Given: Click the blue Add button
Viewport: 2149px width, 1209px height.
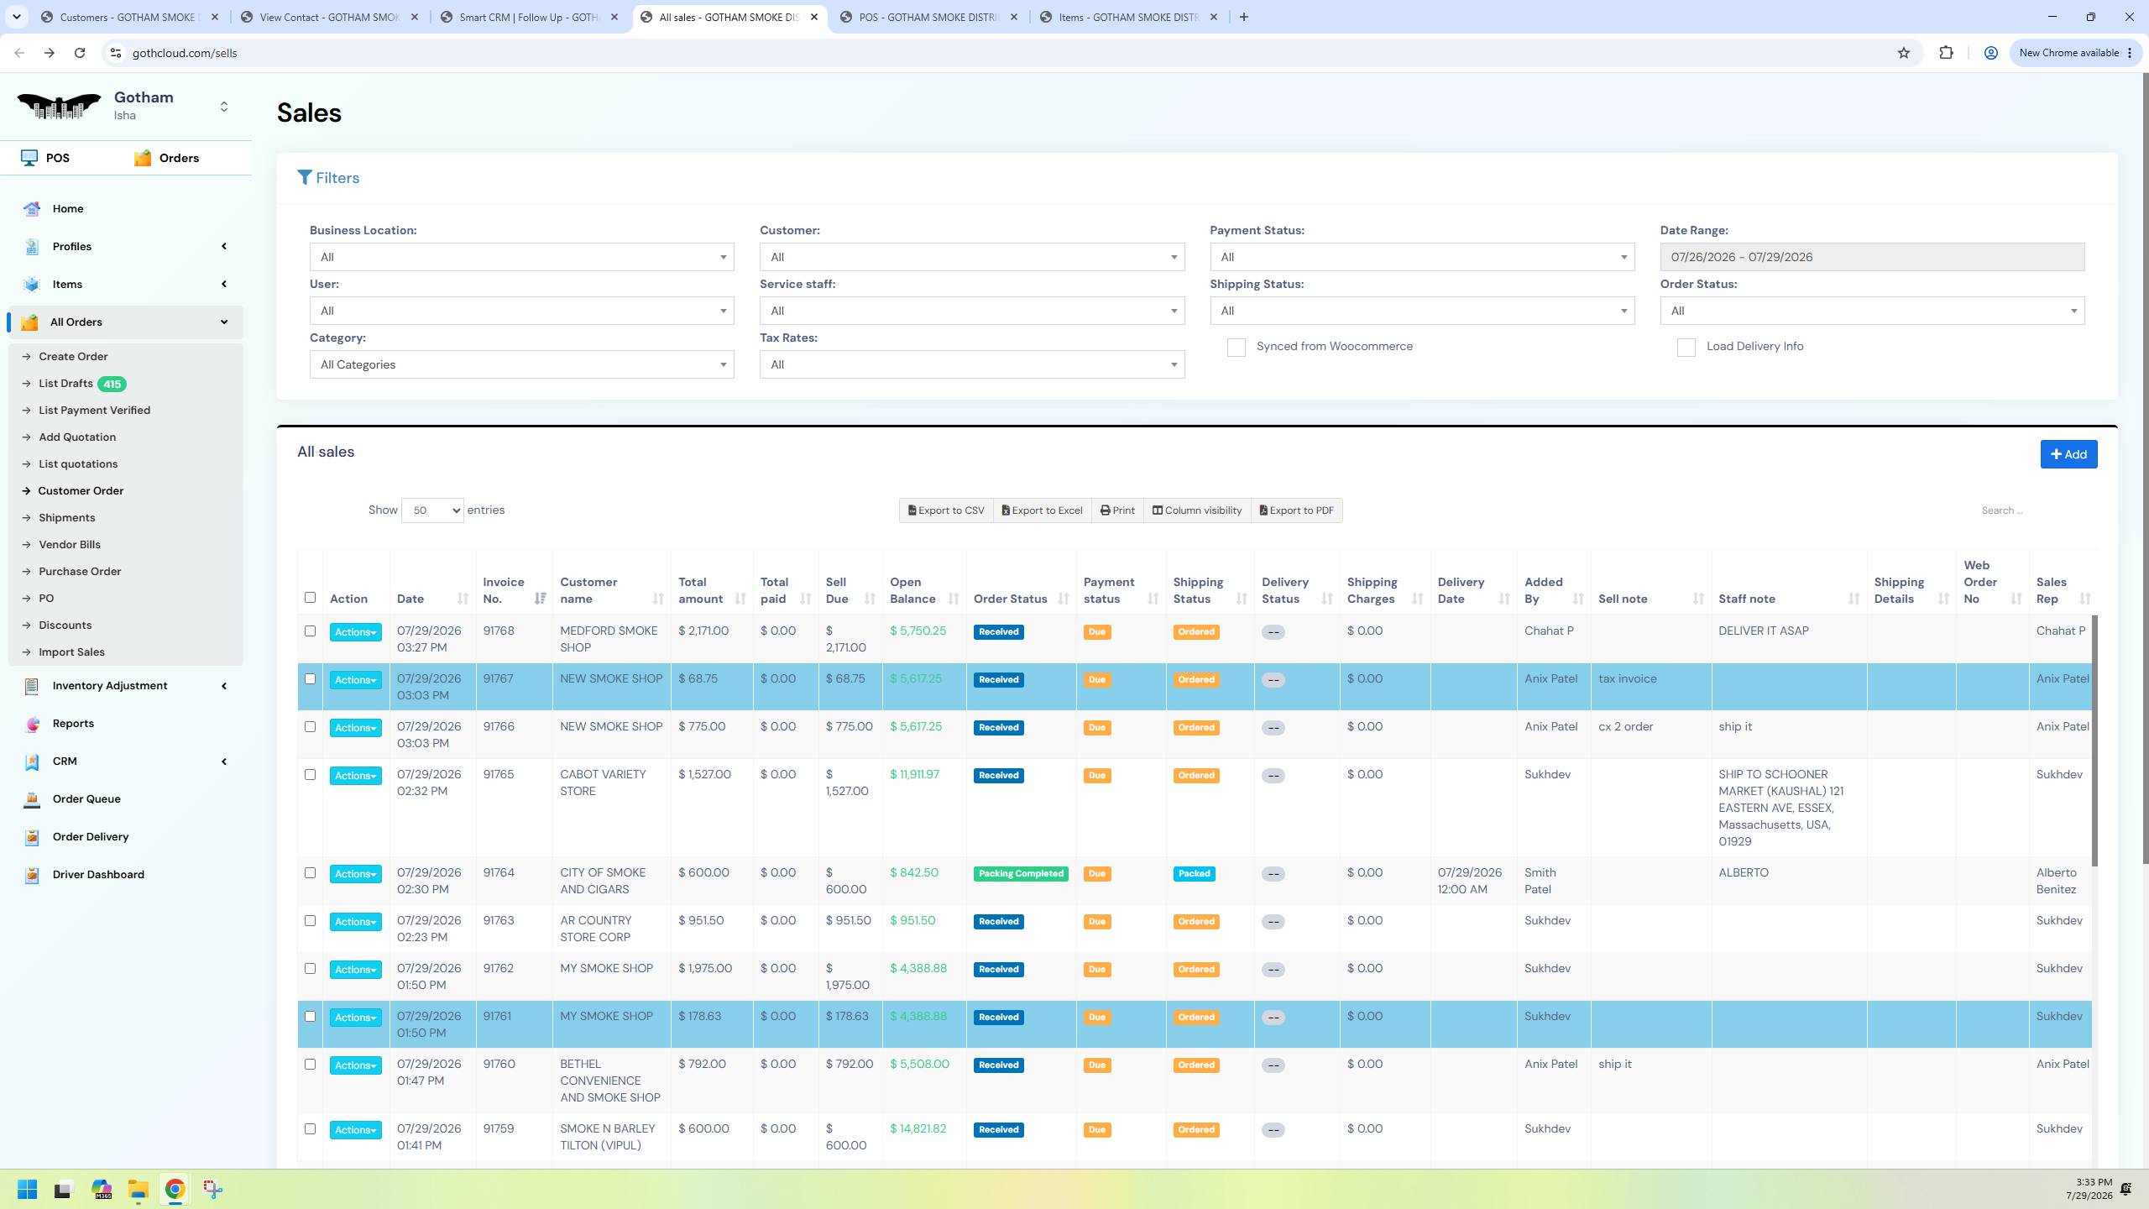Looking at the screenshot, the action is tap(2068, 454).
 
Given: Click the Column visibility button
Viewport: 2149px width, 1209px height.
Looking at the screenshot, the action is tap(1196, 510).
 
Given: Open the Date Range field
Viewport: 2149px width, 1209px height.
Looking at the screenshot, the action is tap(1872, 257).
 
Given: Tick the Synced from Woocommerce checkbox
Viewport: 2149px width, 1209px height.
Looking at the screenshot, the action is tap(1237, 348).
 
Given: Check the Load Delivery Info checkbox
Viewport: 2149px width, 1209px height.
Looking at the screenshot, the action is tap(1686, 348).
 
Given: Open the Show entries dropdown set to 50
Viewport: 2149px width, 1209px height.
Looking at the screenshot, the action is tap(432, 510).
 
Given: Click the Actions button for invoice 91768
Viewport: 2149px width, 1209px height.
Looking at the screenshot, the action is tap(355, 632).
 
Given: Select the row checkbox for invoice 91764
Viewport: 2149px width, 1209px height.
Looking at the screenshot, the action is tap(310, 872).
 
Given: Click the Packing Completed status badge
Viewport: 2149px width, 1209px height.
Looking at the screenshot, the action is tap(1021, 873).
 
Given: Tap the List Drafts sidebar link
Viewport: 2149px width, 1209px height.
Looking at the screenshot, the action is tap(65, 384).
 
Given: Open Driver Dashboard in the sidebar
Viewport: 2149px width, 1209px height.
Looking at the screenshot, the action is tap(98, 874).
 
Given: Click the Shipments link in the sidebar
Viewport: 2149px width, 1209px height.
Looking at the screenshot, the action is tap(67, 518).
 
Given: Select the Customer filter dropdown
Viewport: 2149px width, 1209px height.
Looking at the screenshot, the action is tap(971, 257).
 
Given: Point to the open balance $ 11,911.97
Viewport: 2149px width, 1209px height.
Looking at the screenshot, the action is tap(914, 774).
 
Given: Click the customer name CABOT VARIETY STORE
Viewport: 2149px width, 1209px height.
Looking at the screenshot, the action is tap(603, 782).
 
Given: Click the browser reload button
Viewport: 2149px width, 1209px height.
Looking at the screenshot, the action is tap(80, 53).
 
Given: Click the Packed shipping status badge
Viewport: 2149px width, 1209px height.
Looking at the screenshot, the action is tap(1194, 873).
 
